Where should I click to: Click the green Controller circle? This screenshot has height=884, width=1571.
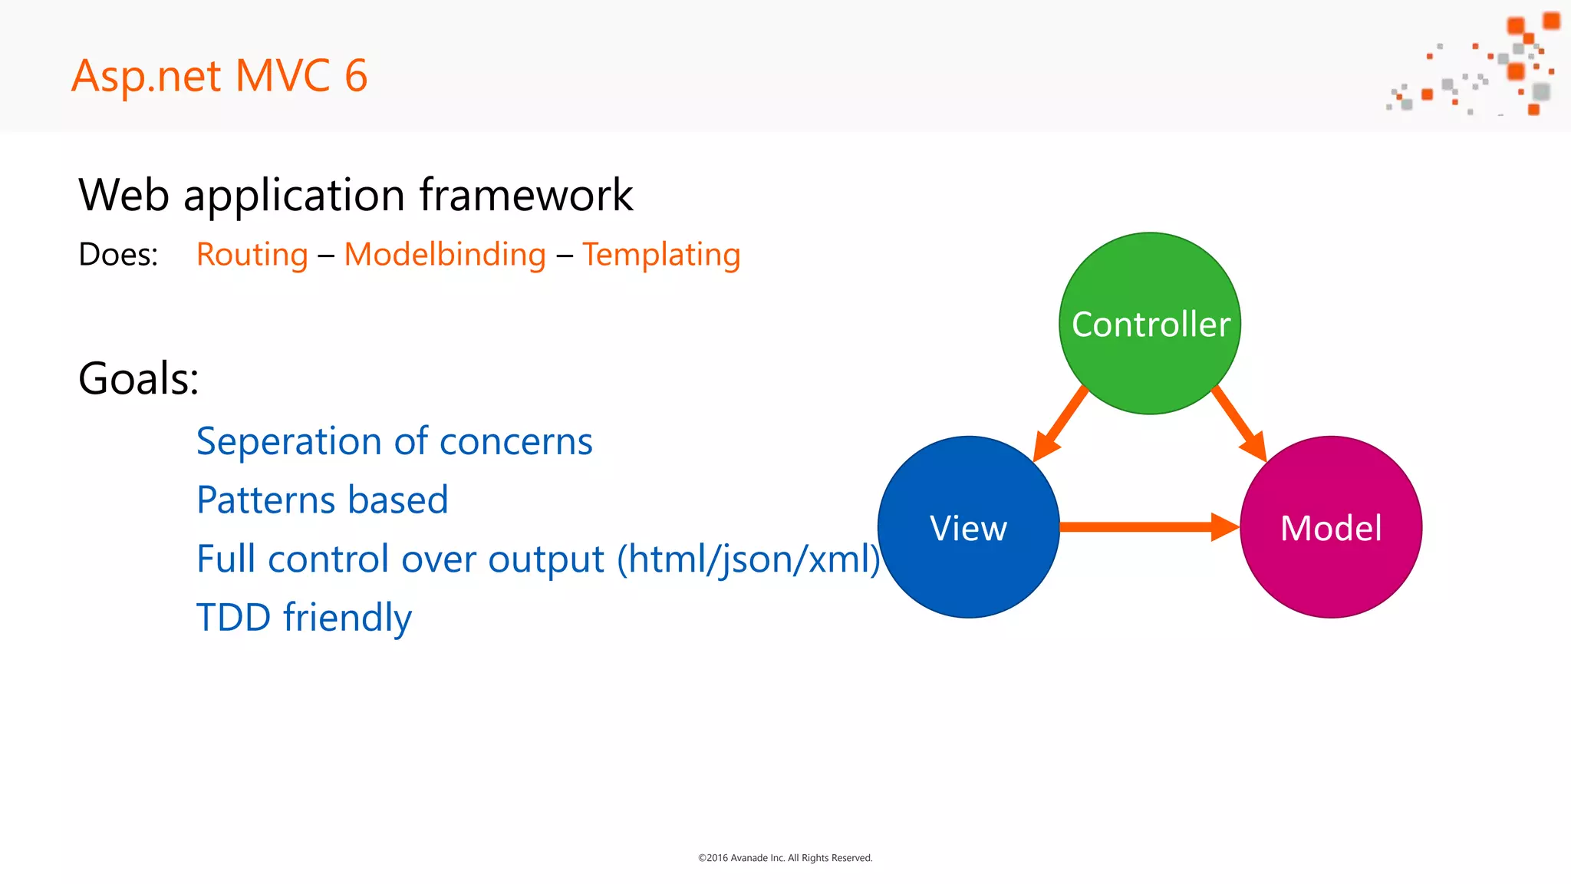(1150, 323)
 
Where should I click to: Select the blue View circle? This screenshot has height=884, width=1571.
(968, 527)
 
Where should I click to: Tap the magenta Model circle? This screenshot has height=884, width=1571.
(1331, 527)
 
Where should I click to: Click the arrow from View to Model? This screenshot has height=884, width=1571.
(1148, 526)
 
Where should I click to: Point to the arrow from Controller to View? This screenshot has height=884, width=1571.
(1060, 424)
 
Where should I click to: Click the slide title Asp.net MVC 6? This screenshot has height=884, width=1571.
(219, 76)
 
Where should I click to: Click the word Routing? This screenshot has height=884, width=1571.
(252, 255)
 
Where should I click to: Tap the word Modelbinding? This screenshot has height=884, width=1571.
(445, 255)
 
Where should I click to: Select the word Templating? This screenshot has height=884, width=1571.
(661, 255)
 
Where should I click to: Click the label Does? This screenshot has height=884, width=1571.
(118, 255)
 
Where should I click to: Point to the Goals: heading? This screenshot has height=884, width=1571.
(139, 378)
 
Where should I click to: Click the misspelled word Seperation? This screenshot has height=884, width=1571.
(288, 442)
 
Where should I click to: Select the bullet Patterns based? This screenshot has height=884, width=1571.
(322, 500)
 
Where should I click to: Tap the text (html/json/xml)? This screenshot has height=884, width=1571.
(749, 559)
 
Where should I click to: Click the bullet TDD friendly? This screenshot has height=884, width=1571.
(304, 618)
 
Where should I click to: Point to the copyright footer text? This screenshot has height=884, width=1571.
(785, 858)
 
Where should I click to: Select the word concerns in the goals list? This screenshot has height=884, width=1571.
(515, 442)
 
